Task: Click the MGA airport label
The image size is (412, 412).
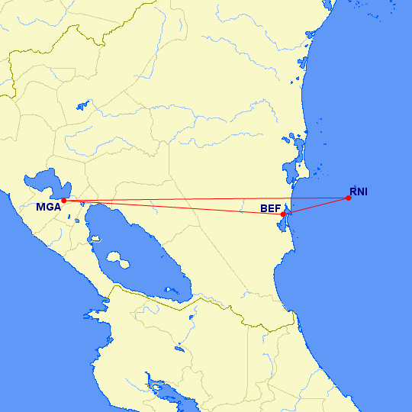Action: coord(48,207)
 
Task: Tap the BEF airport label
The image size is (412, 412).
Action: coord(270,208)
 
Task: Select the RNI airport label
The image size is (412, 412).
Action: coord(359,192)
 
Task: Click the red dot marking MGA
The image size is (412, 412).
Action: coord(64,201)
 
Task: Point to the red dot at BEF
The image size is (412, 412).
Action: coord(283,214)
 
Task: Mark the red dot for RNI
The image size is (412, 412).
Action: coord(348,198)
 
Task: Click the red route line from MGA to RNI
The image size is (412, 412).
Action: coord(206,199)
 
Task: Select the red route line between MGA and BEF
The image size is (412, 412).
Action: coord(175,208)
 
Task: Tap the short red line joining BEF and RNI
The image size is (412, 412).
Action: coord(316,206)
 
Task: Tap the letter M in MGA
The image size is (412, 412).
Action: coord(41,207)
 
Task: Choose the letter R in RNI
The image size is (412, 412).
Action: coord(353,192)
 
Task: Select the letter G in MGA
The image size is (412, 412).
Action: coord(49,207)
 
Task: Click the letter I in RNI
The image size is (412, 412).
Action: coord(366,192)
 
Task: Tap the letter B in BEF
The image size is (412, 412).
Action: coord(263,208)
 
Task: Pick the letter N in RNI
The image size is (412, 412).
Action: coord(360,192)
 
